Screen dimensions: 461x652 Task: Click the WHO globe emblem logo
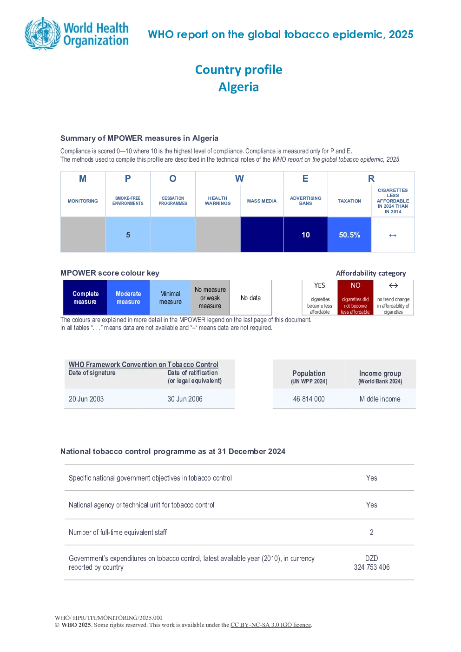43,33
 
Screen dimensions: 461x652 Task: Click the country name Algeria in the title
239,87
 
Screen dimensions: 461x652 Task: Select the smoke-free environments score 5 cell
128,235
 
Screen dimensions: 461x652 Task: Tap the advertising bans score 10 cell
306,235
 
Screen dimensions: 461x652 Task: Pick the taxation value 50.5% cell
349,235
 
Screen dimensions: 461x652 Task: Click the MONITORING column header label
83,201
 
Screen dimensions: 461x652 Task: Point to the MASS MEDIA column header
262,201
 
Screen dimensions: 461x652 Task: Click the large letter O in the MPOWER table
172,178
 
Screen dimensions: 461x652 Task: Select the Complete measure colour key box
85,297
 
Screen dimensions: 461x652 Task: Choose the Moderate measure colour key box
128,297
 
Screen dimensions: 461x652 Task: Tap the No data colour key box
250,297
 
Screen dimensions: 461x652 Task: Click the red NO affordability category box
356,297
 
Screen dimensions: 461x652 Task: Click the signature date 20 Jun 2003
86,399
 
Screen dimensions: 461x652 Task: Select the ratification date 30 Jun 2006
185,399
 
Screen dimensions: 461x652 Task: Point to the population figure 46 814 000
309,399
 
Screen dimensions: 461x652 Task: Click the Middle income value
380,399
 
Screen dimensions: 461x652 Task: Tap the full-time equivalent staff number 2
372,532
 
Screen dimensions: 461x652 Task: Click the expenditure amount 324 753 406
372,567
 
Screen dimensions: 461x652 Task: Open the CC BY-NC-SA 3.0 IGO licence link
270,625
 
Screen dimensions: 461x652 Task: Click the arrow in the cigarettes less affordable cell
393,235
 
